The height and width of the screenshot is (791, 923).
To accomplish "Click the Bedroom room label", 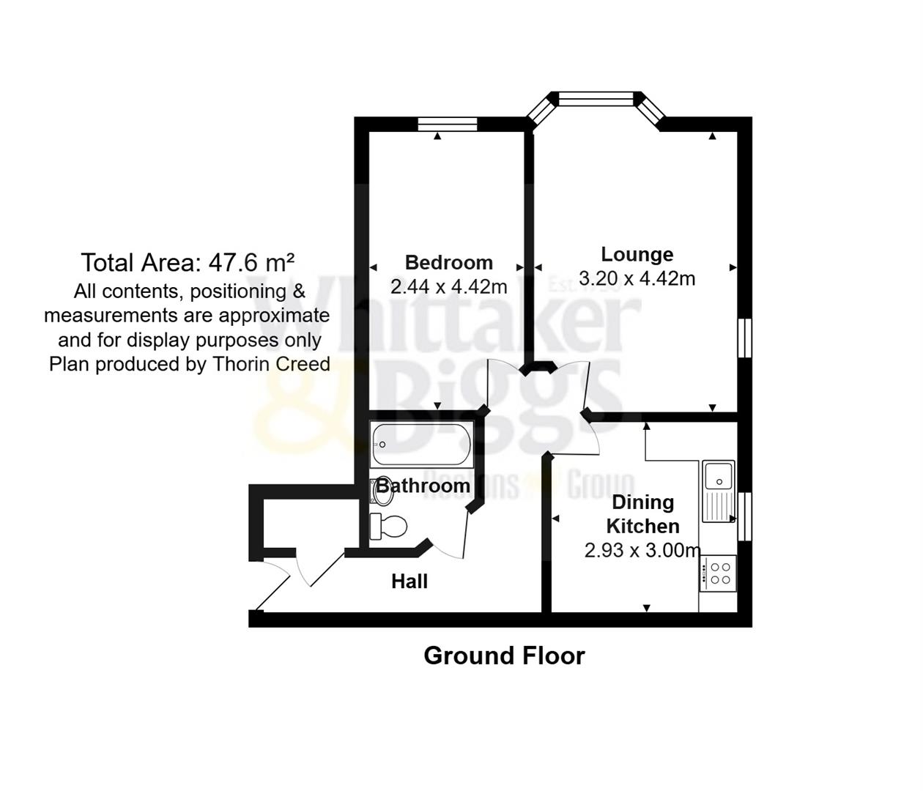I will [448, 262].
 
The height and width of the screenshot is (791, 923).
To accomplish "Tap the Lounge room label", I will [637, 254].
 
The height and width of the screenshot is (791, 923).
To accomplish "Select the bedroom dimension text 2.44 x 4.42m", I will [448, 286].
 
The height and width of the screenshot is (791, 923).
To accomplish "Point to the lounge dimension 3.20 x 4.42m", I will [637, 278].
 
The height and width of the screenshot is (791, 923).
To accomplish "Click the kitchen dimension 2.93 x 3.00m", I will [642, 550].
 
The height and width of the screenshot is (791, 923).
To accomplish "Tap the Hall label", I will [409, 582].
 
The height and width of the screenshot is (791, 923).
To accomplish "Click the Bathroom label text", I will [423, 486].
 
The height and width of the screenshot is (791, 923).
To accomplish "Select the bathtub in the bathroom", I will [420, 445].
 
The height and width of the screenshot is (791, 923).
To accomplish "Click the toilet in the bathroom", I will [388, 526].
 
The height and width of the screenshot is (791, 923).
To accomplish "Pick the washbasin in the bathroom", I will [382, 490].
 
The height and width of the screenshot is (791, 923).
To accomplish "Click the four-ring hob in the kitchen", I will [719, 573].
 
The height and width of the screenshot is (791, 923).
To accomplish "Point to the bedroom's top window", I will [448, 125].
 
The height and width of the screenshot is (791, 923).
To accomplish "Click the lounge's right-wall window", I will [744, 338].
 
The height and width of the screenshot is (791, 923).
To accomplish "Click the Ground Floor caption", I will [504, 656].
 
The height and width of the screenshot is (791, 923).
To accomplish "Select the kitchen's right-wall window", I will [744, 516].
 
